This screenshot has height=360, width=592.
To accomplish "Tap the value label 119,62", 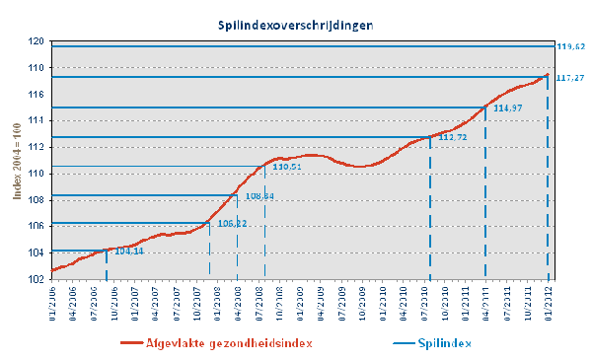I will pos(571,47).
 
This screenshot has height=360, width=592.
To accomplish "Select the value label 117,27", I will pos(571,77).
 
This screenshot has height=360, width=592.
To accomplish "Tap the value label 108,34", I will pos(259,196).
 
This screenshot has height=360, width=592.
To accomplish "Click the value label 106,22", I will pos(233,224).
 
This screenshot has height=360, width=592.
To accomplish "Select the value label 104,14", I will pos(129,252).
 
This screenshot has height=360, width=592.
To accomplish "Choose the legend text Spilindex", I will pos(441,343).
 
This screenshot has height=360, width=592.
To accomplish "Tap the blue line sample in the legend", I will pos(391,343).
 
